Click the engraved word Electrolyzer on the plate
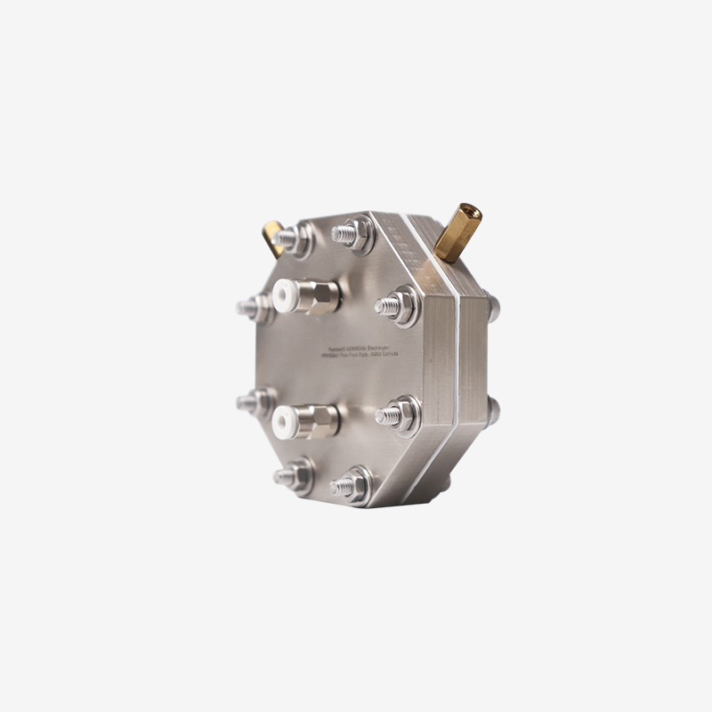pyautogui.click(x=380, y=344)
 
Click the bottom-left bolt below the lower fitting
pyautogui.click(x=291, y=477)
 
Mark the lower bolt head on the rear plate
pyautogui.click(x=494, y=409)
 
